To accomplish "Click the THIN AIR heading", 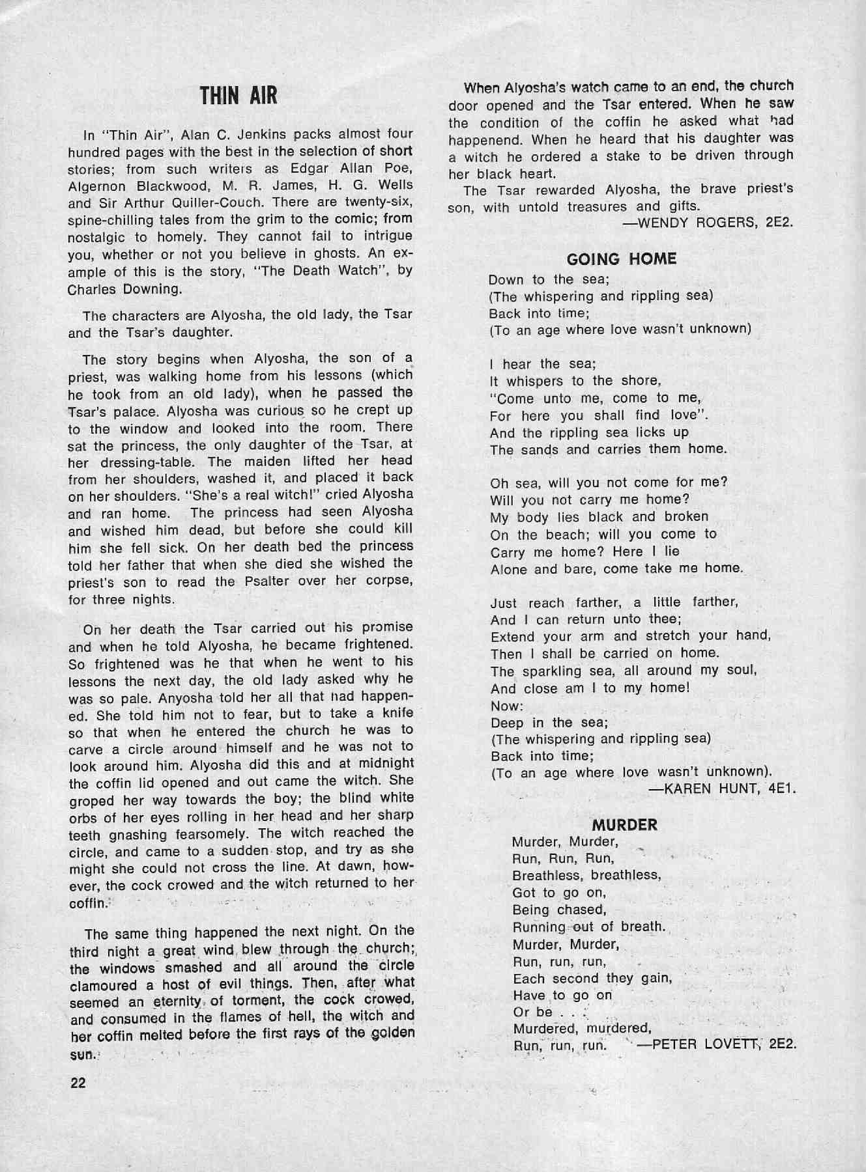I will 239,96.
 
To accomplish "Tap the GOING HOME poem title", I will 622,259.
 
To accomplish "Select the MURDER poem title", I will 624,825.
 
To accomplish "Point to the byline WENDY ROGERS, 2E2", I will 708,223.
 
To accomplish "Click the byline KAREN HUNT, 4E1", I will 723,789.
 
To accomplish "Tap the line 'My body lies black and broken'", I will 599,517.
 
